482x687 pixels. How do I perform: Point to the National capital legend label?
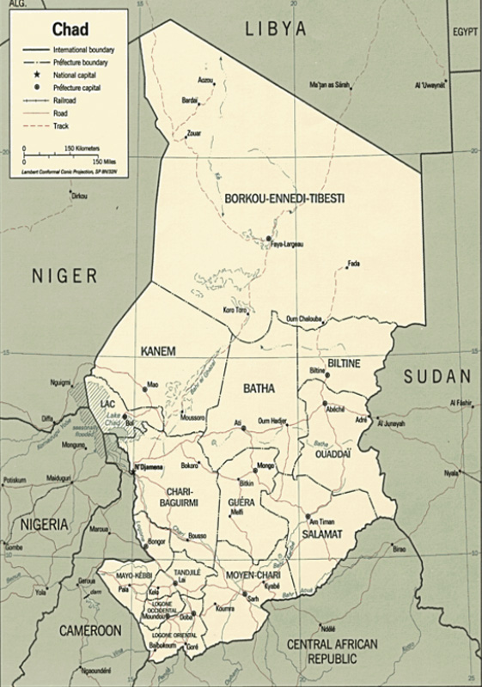point(76,75)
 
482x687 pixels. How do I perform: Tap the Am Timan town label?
point(322,522)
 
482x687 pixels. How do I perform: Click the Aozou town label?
point(204,81)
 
